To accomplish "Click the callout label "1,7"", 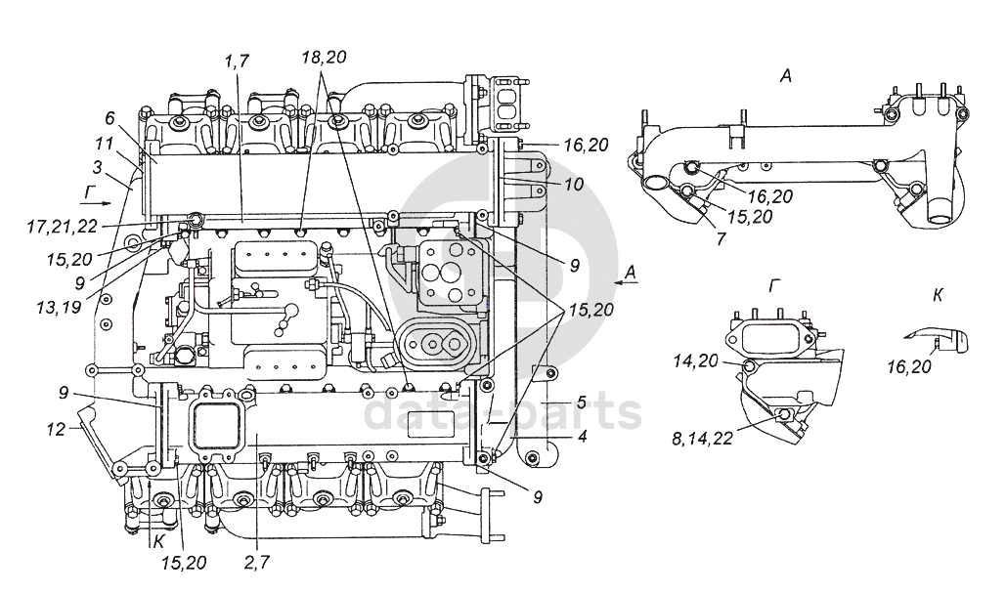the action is point(237,61).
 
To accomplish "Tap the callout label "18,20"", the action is point(324,57).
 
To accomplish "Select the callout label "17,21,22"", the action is point(63,227).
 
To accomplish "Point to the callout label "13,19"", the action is point(59,307).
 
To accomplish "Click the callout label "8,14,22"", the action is point(702,440).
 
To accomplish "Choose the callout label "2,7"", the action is point(256,563).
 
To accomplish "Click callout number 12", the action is point(57,429).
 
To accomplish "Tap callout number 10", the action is point(574,185).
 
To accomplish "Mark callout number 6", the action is point(109,118).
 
